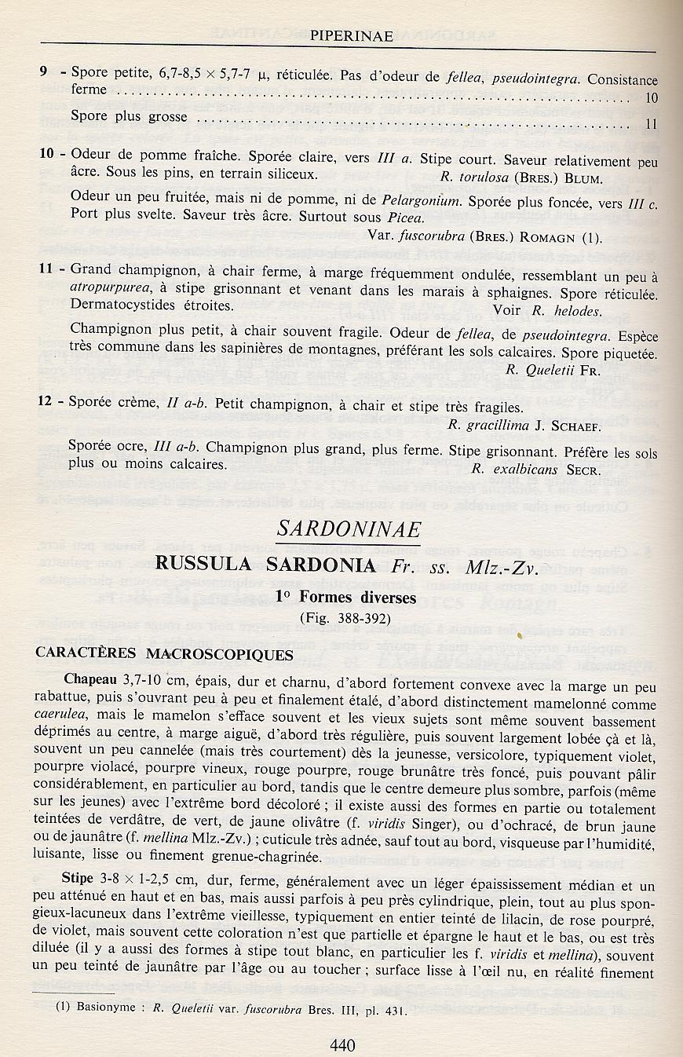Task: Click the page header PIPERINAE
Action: click(345, 35)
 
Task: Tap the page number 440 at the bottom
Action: click(343, 1045)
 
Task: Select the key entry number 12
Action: click(46, 401)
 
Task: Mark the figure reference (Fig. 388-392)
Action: click(345, 617)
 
